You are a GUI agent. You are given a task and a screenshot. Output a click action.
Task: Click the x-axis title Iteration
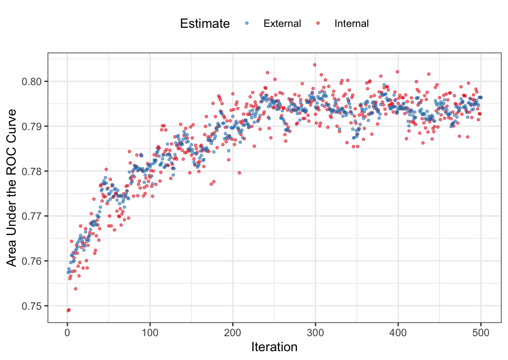[x=274, y=347]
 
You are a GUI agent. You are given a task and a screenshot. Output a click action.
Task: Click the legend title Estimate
[x=205, y=23]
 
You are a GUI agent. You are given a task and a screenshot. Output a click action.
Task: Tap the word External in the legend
[x=282, y=23]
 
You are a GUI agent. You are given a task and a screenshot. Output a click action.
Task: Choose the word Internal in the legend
[x=351, y=23]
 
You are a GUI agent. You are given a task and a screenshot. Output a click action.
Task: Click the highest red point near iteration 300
[x=314, y=65]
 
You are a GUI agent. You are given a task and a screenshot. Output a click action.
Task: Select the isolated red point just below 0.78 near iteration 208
[x=239, y=173]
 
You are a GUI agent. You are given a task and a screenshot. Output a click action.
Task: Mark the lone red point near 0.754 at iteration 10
[x=75, y=289]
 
